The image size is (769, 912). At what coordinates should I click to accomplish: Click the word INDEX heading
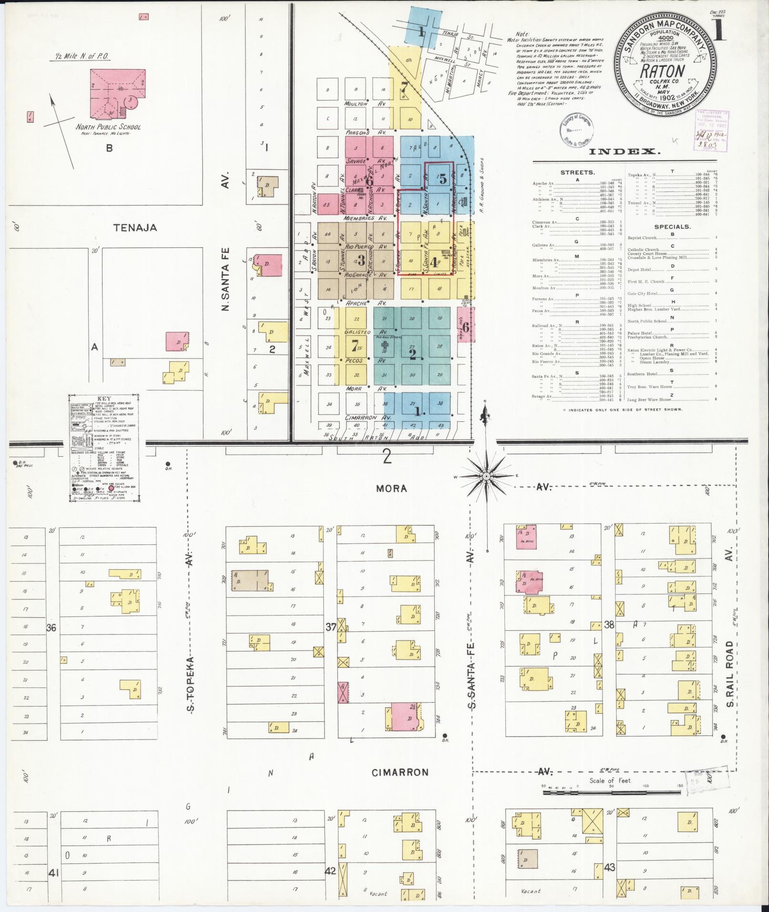(x=625, y=152)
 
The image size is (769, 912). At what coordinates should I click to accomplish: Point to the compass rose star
(x=486, y=476)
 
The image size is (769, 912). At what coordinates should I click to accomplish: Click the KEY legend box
(x=104, y=447)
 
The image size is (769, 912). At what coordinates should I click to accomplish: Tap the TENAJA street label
(x=135, y=227)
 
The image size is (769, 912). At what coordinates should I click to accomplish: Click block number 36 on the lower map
(x=51, y=628)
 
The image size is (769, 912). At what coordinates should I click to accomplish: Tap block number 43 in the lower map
(x=609, y=868)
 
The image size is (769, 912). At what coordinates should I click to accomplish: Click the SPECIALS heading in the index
(x=672, y=226)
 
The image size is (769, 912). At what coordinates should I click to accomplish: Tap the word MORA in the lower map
(x=391, y=488)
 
